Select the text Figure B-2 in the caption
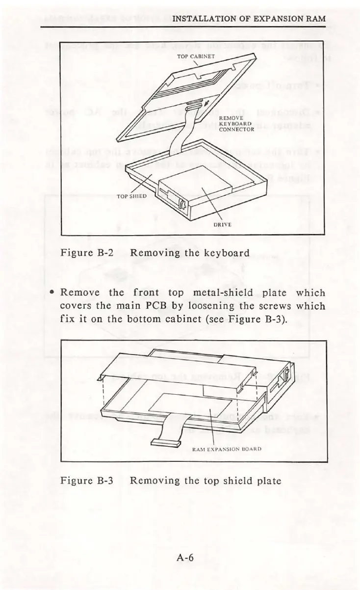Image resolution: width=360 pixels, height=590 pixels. pyautogui.click(x=86, y=253)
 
